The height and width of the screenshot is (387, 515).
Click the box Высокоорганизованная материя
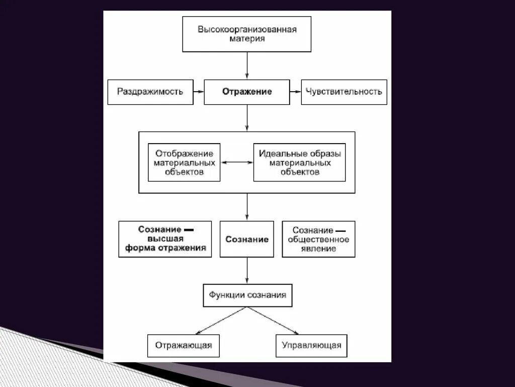click(x=246, y=34)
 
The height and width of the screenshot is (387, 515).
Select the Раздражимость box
click(x=150, y=92)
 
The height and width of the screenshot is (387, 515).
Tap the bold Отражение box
click(x=246, y=92)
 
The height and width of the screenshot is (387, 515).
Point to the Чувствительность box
click(x=344, y=92)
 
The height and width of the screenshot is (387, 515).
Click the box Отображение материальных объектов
click(x=184, y=162)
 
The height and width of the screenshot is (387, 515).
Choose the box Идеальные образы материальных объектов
click(x=299, y=162)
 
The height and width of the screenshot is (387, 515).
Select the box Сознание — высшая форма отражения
click(x=165, y=239)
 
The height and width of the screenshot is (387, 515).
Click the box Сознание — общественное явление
click(x=318, y=239)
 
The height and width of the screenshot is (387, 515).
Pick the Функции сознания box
click(x=247, y=295)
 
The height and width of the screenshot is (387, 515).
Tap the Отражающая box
click(x=184, y=346)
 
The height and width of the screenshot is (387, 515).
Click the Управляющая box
click(x=311, y=346)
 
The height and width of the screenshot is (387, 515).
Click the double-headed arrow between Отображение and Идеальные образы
click(x=237, y=162)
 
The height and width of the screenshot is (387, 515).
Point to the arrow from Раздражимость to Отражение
click(x=198, y=92)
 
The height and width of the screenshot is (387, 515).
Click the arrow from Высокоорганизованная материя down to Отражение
click(x=247, y=65)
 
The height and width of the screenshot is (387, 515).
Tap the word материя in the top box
click(x=246, y=39)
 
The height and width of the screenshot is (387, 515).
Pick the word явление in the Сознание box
click(x=318, y=248)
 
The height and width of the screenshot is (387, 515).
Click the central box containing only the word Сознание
click(x=247, y=239)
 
